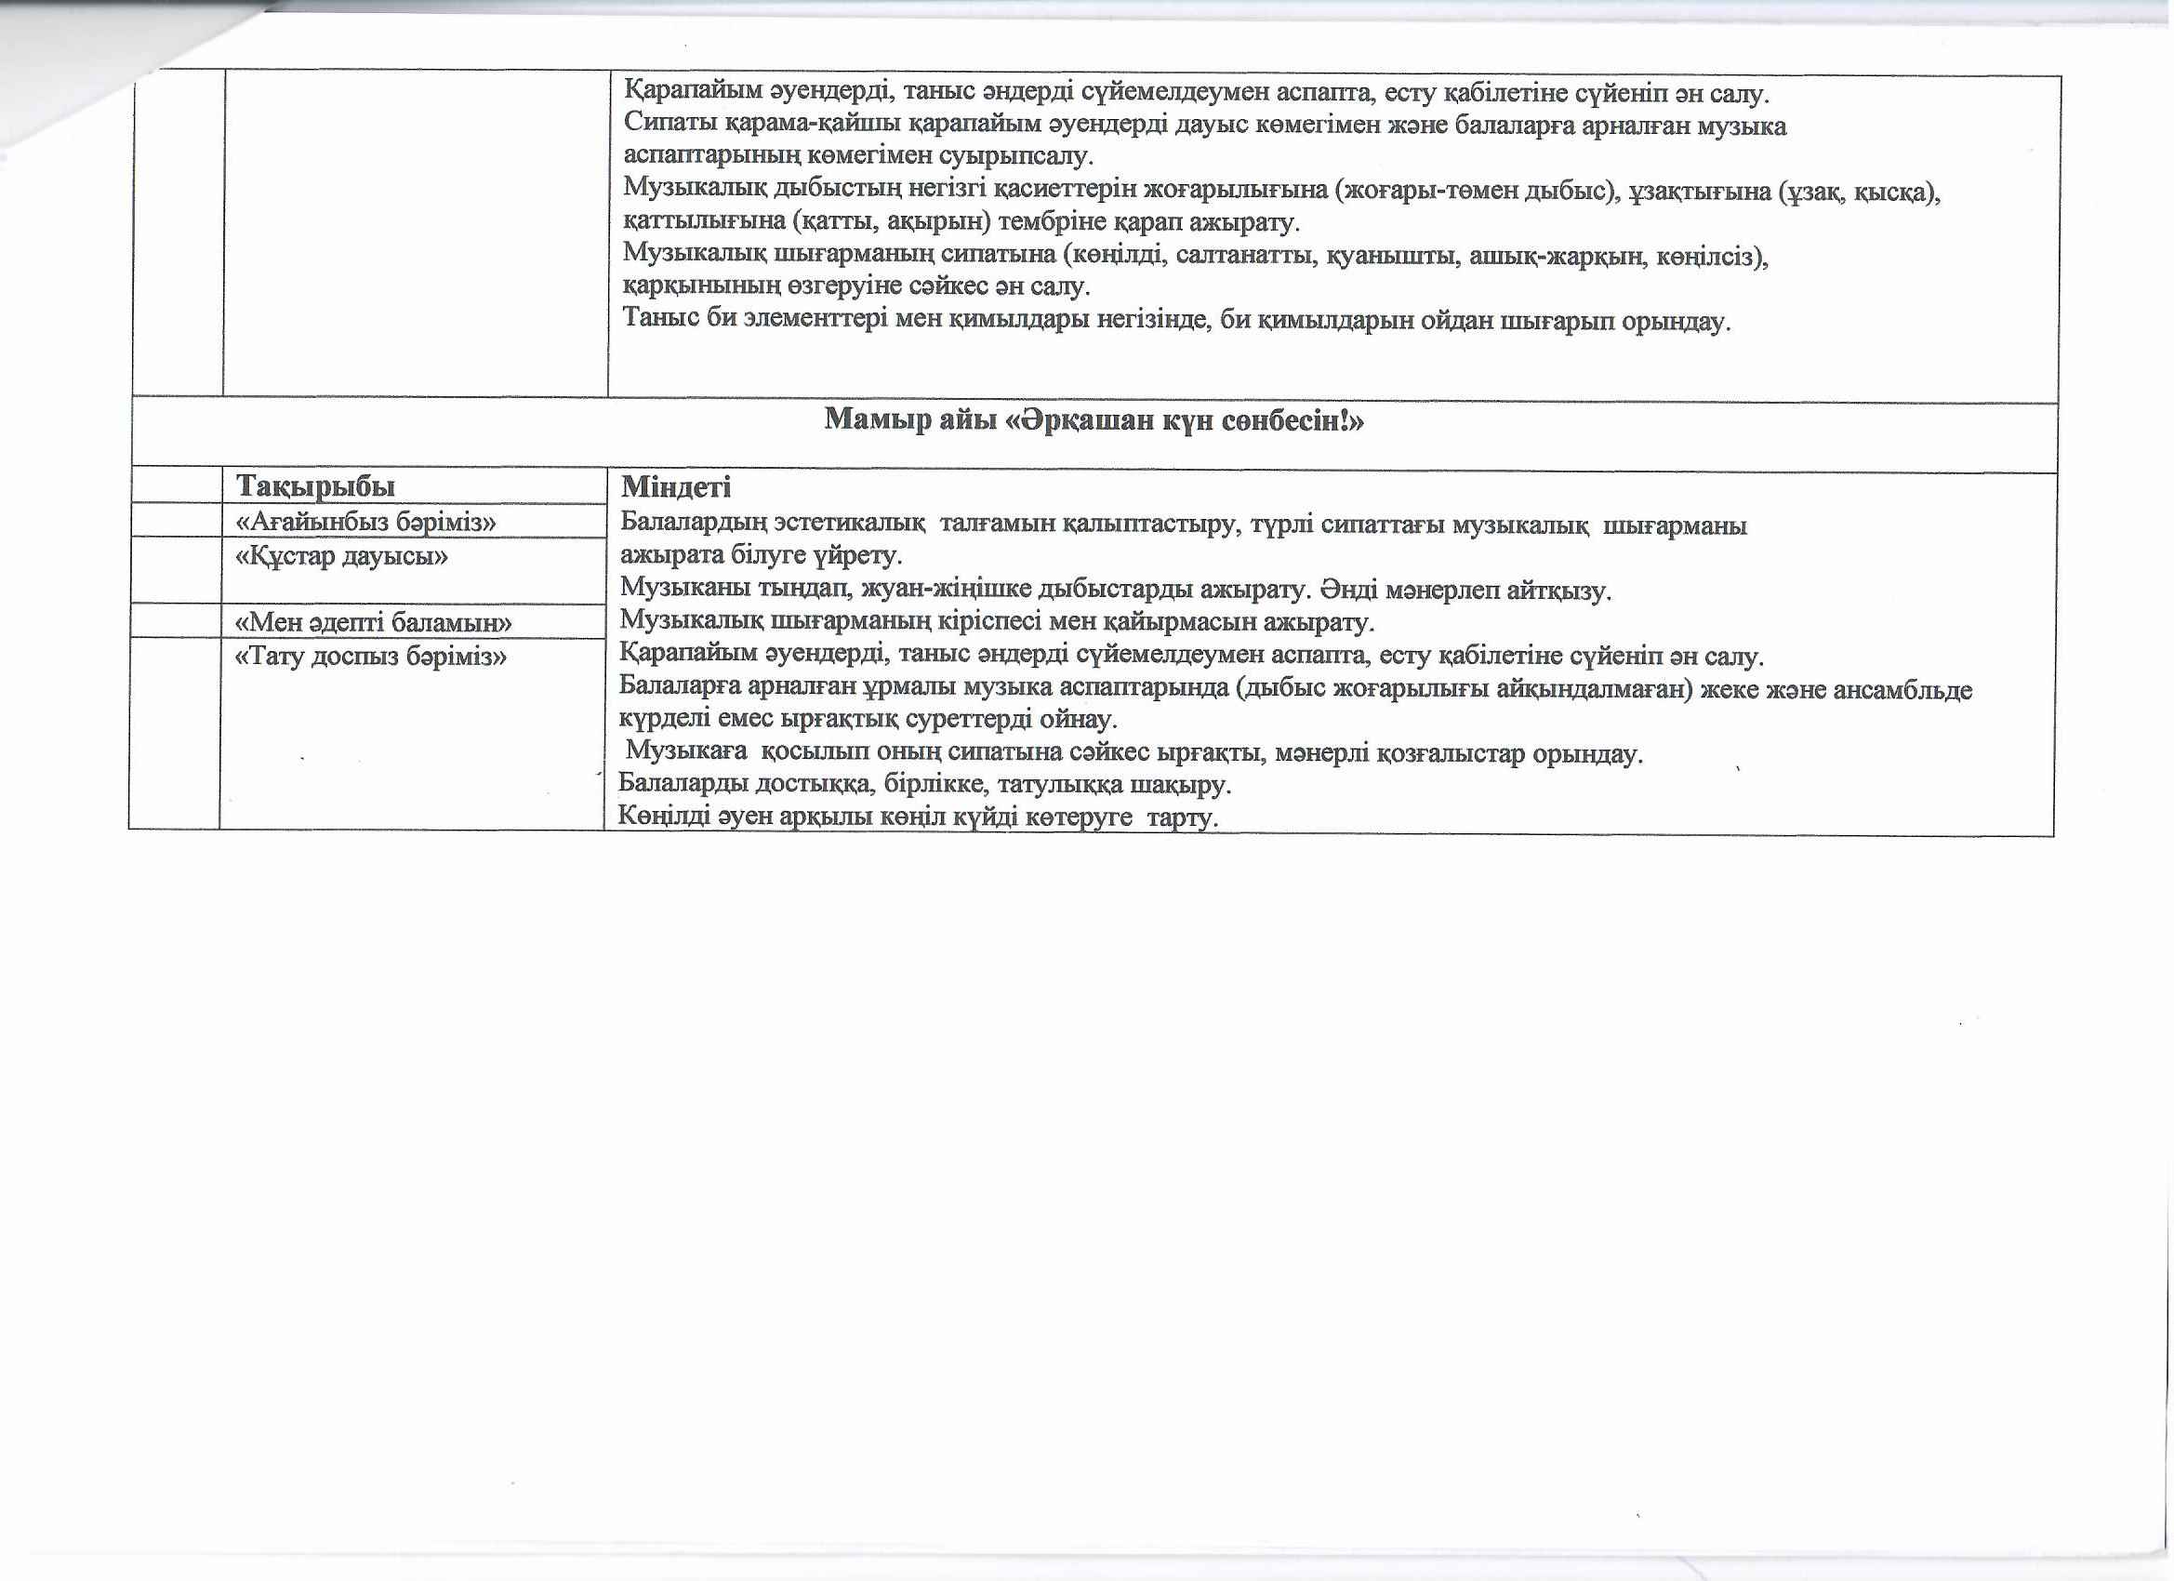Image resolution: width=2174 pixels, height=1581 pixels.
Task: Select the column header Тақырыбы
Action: tap(315, 486)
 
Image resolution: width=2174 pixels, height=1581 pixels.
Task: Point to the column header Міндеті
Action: tap(676, 487)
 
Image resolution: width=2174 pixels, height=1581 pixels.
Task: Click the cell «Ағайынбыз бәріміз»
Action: tap(365, 523)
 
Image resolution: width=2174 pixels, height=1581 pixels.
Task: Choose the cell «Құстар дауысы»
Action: tap(341, 556)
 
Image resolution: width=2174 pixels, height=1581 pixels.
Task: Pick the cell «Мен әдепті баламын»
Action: tap(374, 623)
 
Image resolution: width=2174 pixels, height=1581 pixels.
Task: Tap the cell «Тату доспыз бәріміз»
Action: tap(371, 657)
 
